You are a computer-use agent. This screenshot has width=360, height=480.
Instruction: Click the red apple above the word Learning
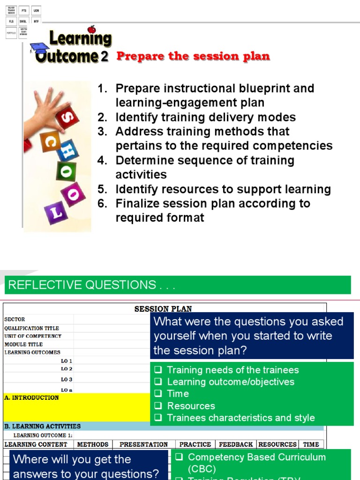pos(92,29)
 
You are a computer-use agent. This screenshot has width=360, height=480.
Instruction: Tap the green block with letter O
pos(66,172)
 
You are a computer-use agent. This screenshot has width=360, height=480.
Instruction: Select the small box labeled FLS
pos(11,22)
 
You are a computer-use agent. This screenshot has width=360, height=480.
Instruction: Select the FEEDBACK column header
pos(236,444)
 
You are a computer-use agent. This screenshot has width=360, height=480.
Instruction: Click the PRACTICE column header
pos(195,444)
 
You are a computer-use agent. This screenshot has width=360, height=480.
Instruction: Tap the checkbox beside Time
pos(158,394)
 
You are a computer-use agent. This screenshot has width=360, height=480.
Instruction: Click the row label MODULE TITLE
pos(23,344)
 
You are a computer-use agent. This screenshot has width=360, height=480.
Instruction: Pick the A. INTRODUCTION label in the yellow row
pos(31,397)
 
